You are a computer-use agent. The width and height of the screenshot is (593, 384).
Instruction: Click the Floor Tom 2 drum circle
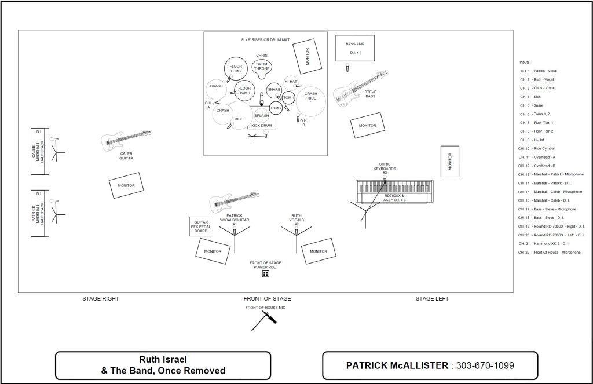point(236,68)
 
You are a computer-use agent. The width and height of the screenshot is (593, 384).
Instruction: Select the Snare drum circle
point(274,90)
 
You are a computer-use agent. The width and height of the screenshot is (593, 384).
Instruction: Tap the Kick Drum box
point(262,125)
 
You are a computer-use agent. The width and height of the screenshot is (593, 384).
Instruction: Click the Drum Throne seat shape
point(262,68)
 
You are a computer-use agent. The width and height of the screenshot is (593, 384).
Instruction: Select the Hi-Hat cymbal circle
point(291,82)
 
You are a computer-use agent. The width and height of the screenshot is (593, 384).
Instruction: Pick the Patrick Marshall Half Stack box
point(39,214)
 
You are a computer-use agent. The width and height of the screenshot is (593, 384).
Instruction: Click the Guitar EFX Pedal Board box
point(200,226)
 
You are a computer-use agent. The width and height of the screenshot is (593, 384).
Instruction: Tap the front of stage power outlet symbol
point(265,273)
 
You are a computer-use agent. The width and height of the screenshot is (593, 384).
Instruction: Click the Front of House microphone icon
point(263,320)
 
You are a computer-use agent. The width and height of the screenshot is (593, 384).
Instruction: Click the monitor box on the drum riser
point(306,56)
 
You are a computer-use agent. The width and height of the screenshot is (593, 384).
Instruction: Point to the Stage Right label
point(100,299)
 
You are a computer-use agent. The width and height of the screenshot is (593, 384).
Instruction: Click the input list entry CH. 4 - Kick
point(530,97)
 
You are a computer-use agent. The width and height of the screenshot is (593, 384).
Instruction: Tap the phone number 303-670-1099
point(485,365)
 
